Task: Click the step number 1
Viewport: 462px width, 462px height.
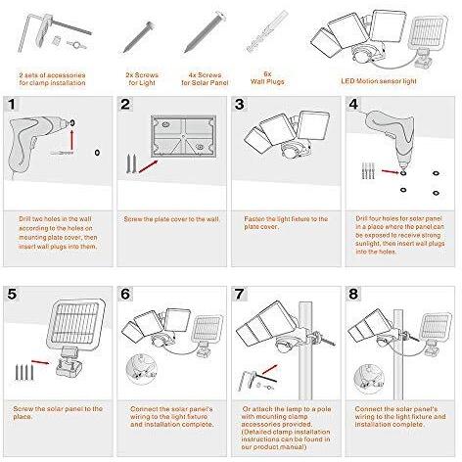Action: tap(12, 105)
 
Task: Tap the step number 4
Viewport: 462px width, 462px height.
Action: tap(353, 105)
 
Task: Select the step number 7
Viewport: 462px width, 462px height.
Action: tap(239, 294)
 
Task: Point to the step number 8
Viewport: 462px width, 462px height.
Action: tap(353, 294)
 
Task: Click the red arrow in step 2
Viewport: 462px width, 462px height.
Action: tap(149, 166)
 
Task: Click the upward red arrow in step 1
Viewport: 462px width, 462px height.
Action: tap(71, 139)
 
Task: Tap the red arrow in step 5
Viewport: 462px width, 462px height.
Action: tap(40, 362)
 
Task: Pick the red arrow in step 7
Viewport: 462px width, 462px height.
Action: tap(270, 370)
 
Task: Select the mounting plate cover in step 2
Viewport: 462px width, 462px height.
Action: tap(183, 136)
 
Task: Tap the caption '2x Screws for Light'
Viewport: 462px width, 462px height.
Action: tap(142, 79)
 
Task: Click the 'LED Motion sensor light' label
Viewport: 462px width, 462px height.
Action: tap(379, 81)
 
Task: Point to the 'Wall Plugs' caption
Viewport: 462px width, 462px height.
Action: tap(267, 81)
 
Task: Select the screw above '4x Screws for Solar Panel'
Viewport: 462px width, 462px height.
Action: tap(205, 32)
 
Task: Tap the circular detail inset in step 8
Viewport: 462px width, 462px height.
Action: tap(369, 380)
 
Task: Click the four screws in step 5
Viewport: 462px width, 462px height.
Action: tap(23, 372)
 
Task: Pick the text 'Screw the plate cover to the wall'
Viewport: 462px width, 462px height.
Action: tap(171, 219)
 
